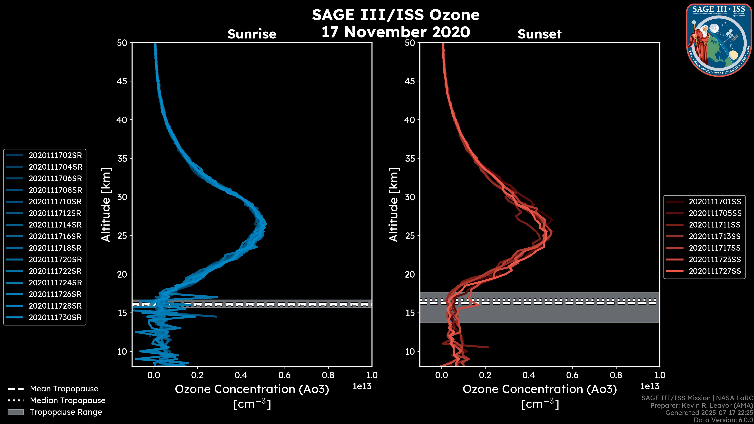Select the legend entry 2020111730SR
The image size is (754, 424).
(55, 317)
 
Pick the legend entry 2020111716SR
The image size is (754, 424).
(55, 236)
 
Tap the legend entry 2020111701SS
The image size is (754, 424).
(715, 202)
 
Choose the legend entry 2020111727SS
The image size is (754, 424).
(715, 271)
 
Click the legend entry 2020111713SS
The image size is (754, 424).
(715, 236)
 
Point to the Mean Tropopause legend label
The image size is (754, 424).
(64, 389)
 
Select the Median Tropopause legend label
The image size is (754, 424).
(68, 401)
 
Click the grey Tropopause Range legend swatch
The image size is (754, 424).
(16, 412)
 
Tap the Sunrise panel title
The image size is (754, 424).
(252, 34)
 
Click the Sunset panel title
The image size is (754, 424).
(539, 34)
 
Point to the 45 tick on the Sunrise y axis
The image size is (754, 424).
(122, 81)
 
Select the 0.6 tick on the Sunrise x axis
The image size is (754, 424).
(285, 375)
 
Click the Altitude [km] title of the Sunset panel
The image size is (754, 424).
(394, 205)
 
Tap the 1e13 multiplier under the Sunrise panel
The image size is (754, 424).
(362, 387)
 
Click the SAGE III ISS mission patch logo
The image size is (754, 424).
(718, 39)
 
